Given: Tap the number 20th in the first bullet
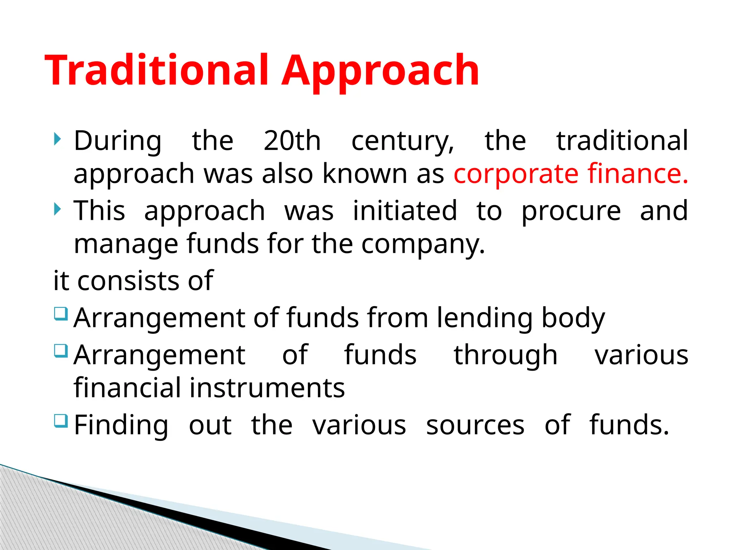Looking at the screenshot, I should point(292,140).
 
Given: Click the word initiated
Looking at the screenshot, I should point(405,211).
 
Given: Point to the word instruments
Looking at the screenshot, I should point(267,388).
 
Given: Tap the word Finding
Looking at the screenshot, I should point(121,425).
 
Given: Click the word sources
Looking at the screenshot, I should point(475,425).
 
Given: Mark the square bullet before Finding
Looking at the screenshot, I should point(61,421).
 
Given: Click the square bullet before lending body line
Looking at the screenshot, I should point(61,314).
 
